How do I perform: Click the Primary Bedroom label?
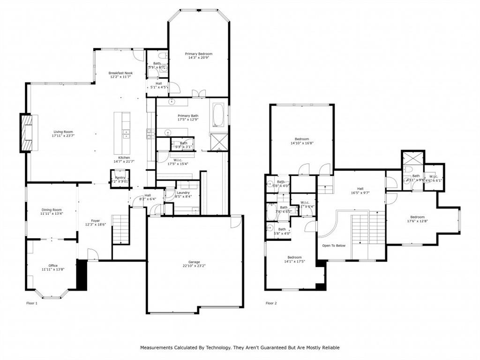[198, 54]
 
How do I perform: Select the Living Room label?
[63, 132]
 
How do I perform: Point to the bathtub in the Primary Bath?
[218, 115]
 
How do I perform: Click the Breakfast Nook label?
[120, 73]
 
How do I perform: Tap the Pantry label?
[120, 178]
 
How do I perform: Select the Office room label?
[53, 265]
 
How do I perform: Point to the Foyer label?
[95, 220]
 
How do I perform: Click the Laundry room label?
[183, 192]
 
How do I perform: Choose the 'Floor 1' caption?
[31, 303]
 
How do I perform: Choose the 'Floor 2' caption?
[271, 303]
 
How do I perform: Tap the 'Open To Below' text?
[334, 245]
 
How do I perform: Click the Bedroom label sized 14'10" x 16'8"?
[301, 139]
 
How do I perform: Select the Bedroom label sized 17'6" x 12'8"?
[417, 217]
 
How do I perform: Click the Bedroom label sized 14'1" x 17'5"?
[294, 257]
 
